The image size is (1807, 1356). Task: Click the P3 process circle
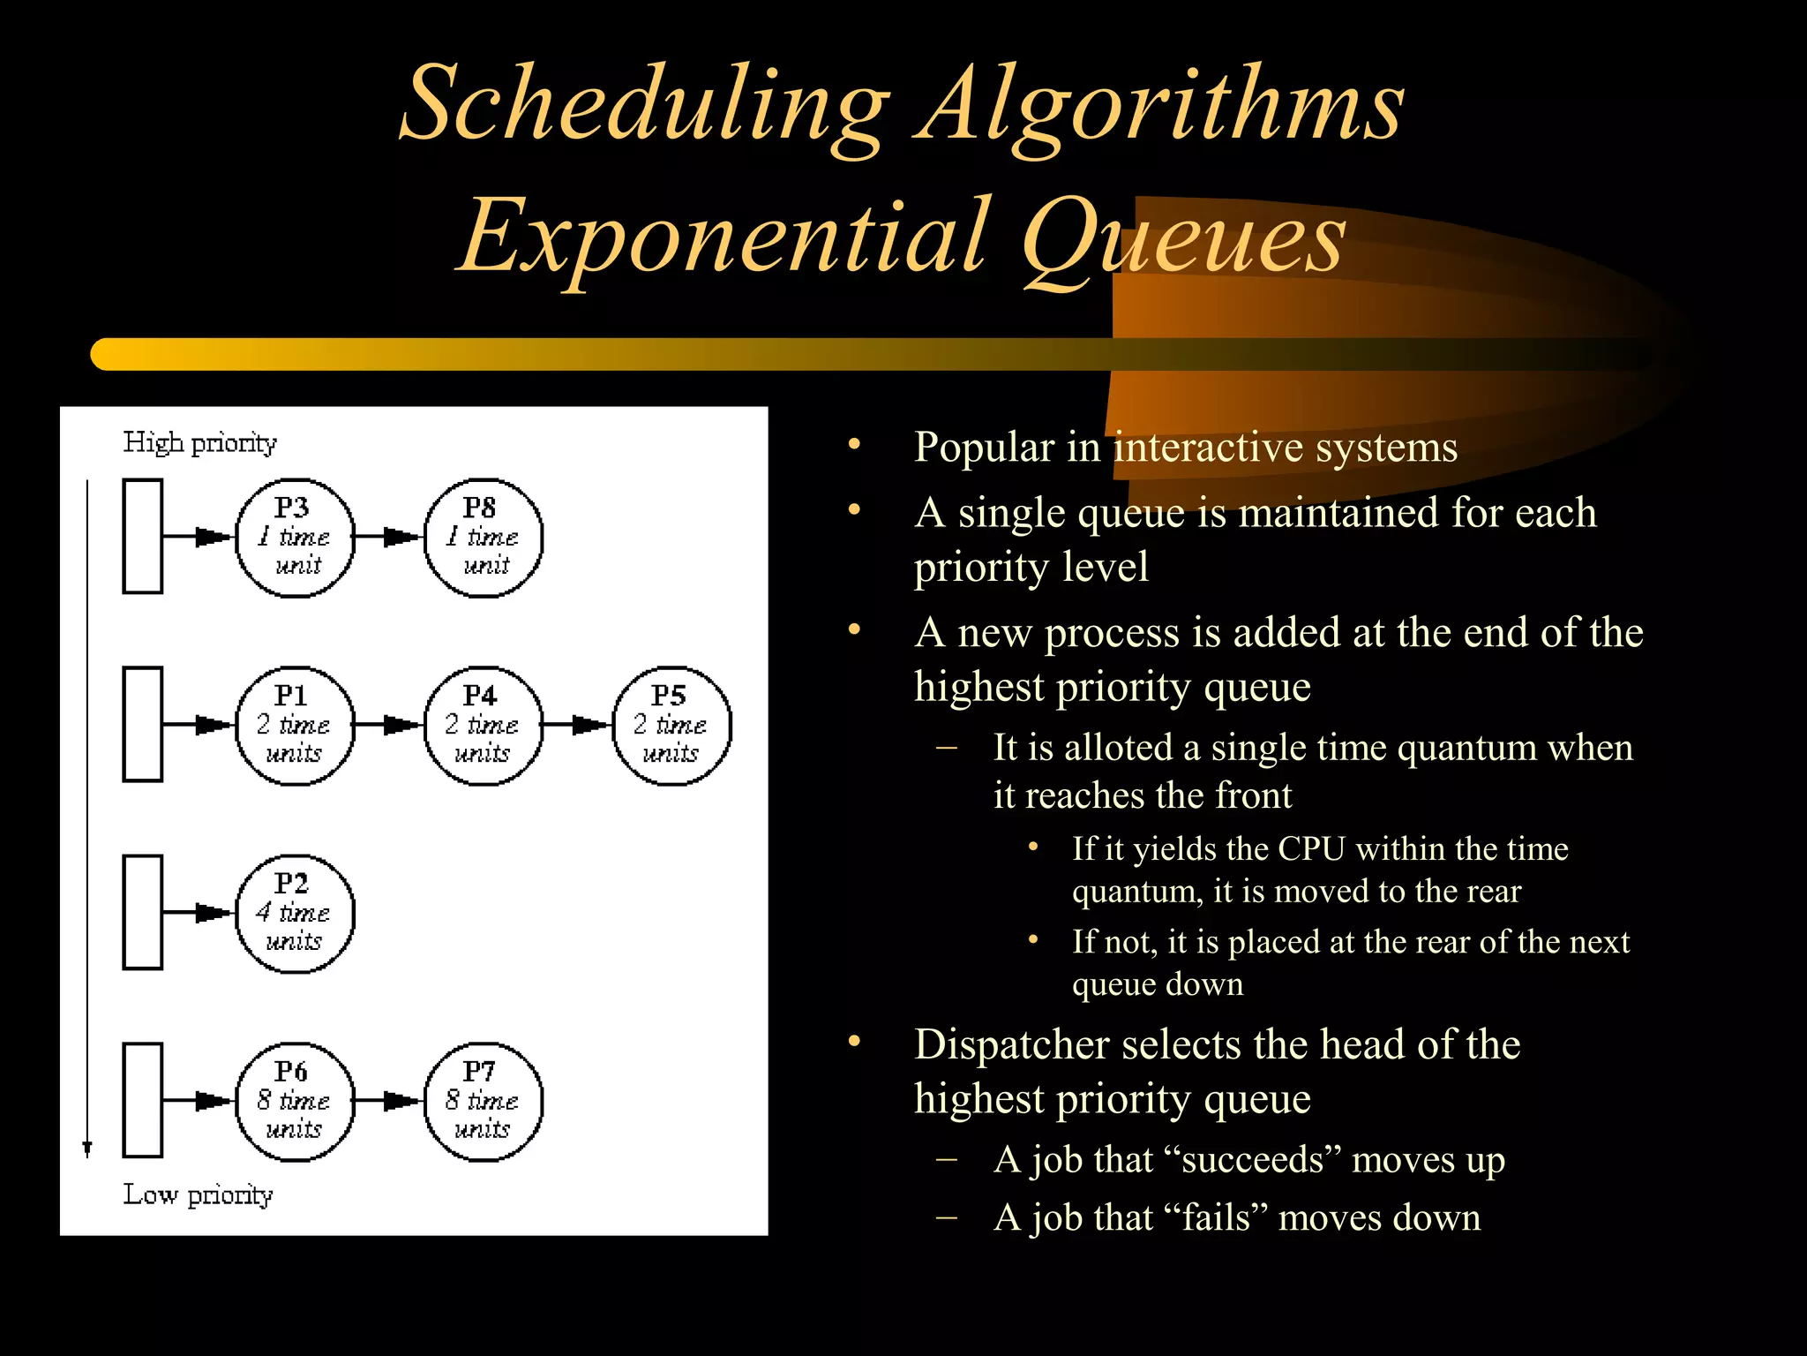295,537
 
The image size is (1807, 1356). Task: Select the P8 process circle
484,537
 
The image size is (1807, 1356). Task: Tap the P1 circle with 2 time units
295,725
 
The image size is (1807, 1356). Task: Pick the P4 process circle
484,725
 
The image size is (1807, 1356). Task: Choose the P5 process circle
672,725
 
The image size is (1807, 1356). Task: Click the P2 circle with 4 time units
295,913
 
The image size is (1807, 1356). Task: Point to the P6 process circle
295,1101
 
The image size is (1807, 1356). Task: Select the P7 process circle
484,1101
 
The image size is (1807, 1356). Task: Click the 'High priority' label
199,442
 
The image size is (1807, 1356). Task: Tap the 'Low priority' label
198,1194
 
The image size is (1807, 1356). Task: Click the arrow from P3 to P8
389,537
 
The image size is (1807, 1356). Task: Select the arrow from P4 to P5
578,725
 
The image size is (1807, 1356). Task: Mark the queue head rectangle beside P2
142,912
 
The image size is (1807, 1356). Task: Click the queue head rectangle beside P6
142,1100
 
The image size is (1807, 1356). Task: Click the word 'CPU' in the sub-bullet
1312,849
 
